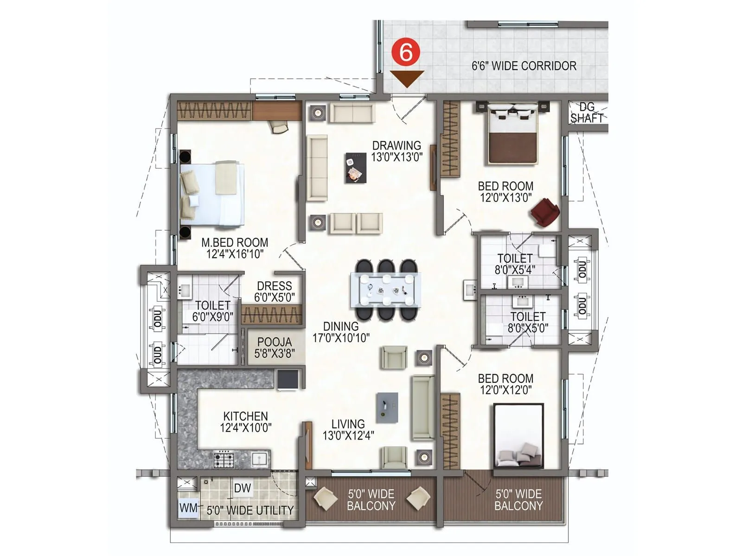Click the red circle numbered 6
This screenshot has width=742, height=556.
pos(406,52)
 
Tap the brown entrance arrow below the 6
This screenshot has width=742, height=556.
pos(407,78)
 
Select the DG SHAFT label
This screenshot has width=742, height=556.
pos(587,113)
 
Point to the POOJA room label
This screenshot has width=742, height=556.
pos(274,347)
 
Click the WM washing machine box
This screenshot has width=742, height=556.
pos(188,508)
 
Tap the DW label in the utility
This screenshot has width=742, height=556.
pos(242,488)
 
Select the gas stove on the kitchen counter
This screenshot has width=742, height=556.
pos(224,460)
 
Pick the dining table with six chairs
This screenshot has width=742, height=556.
pos(386,290)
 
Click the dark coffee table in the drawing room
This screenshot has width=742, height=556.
pos(356,167)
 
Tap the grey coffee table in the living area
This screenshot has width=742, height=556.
pos(387,408)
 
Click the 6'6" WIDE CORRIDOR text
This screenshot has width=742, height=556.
pos(524,66)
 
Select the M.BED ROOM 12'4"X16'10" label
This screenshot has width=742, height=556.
pos(235,248)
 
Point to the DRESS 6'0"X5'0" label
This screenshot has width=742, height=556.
pos(274,291)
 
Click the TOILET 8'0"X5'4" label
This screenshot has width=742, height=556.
pos(514,264)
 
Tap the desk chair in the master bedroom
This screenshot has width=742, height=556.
pos(280,126)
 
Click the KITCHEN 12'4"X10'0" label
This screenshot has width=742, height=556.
pos(245,422)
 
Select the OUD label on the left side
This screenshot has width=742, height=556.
pos(158,354)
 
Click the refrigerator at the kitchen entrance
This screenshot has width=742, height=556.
pos(288,380)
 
